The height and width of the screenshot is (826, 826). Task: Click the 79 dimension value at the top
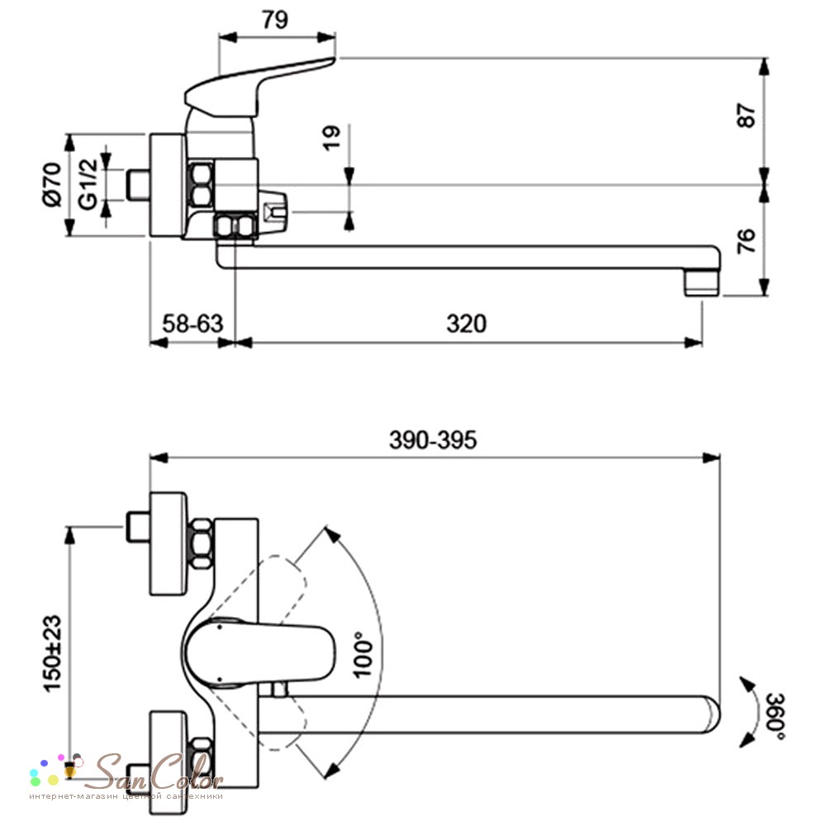tap(275, 20)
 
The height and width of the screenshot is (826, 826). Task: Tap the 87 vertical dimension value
tap(747, 116)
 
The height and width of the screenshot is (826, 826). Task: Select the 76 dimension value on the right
tap(747, 241)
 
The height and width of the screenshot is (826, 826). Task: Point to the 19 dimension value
tap(332, 138)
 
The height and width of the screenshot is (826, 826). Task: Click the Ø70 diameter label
tap(53, 184)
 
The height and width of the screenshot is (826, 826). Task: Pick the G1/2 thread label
tap(88, 184)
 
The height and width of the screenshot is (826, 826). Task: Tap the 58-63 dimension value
tap(192, 324)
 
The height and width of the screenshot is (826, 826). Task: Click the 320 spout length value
tap(466, 324)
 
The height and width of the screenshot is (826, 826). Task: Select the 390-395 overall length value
tap(433, 440)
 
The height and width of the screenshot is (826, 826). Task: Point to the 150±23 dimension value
tap(53, 653)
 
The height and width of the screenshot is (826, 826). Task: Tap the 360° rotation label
tap(775, 716)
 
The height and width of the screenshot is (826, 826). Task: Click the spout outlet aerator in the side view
tap(703, 282)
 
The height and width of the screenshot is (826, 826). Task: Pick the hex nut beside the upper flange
tap(202, 544)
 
